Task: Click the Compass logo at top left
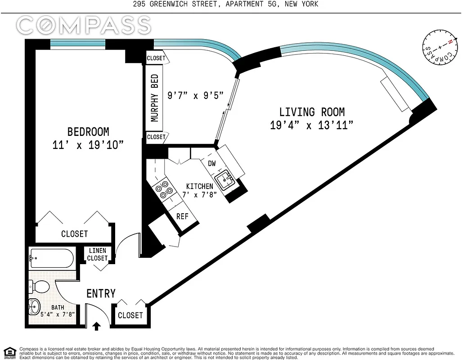point(84,25)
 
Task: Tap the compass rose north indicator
point(449,41)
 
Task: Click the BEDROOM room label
point(88,132)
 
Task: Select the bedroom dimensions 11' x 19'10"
point(88,145)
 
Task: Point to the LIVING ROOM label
point(312,112)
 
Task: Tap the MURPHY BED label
point(155,98)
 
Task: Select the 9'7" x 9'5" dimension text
point(195,96)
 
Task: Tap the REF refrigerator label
point(182,216)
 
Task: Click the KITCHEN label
point(200,186)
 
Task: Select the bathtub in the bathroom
point(51,259)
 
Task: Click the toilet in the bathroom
point(40,286)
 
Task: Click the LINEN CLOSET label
point(98,255)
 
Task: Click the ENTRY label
point(101,293)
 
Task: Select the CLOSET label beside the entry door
point(130,315)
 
